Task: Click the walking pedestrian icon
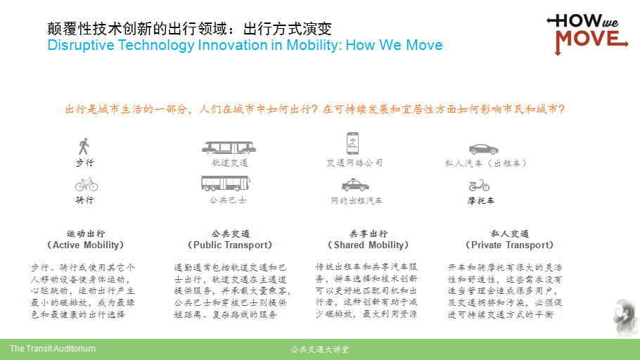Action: point(84,146)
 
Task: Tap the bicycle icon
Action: point(87,184)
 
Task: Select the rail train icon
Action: point(229,148)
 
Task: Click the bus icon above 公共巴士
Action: point(226,184)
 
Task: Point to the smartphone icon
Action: point(352,143)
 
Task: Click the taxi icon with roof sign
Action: point(355,185)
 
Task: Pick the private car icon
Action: point(484,149)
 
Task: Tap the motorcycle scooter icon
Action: point(479,186)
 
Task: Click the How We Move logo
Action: point(587,34)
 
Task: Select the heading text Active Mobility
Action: point(85,245)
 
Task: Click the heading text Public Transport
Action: point(230,245)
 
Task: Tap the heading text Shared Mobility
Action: point(369,245)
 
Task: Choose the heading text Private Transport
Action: point(510,245)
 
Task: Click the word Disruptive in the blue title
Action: point(81,45)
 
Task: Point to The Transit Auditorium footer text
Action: point(53,349)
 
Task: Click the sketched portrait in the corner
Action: point(625,318)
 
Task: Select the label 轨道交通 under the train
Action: point(230,163)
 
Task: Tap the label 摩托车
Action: point(480,200)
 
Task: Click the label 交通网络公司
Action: point(354,163)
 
